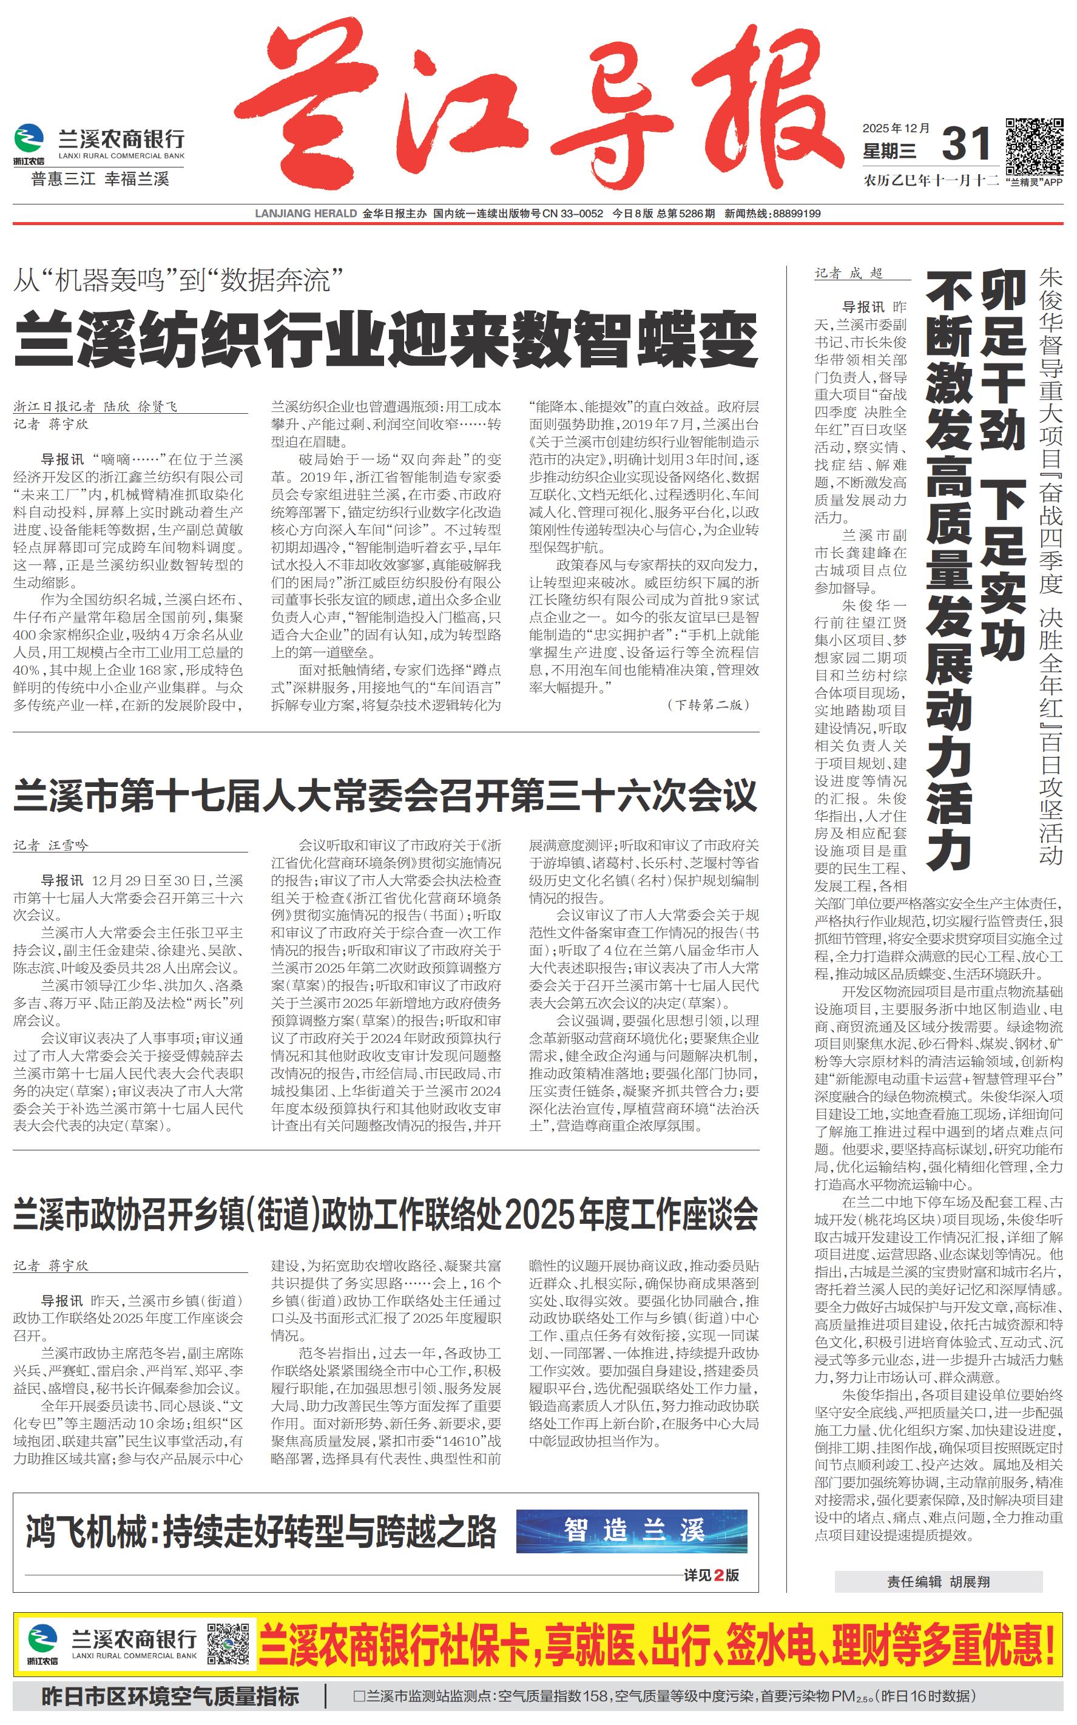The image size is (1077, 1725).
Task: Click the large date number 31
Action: (x=966, y=144)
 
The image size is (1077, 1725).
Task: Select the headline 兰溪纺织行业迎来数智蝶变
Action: (x=385, y=341)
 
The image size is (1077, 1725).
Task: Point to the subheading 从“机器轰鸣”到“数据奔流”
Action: (x=178, y=280)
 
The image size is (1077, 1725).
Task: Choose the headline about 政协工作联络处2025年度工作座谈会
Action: (x=385, y=1214)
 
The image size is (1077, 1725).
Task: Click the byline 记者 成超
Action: (x=848, y=274)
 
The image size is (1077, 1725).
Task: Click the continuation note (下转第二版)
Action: (x=708, y=704)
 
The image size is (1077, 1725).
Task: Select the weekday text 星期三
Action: (x=889, y=152)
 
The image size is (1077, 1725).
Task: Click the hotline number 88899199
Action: (x=796, y=214)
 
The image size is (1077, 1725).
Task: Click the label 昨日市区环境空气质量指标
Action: (x=170, y=1696)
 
